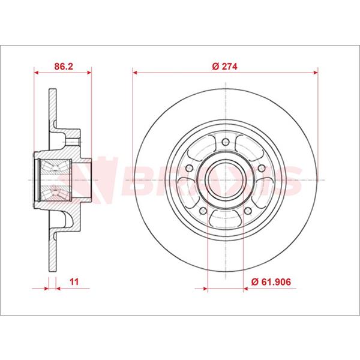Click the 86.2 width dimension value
coord(63,67)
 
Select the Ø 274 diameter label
coord(226,67)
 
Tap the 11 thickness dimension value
coord(74,280)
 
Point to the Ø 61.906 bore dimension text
coord(272,280)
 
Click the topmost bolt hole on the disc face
coord(225,143)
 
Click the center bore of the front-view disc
coord(225,180)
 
